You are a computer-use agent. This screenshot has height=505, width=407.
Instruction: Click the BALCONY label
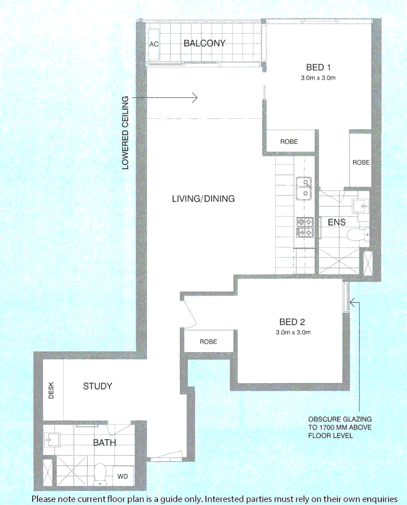(x=204, y=43)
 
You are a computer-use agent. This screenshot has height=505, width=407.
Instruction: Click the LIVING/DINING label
(x=203, y=199)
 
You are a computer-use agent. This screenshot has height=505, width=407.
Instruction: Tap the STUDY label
(x=98, y=386)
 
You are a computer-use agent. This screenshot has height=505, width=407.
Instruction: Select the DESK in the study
(x=51, y=391)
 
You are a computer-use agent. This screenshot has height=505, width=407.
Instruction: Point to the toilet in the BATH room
(x=100, y=474)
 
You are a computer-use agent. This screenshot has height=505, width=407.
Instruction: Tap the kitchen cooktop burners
(x=304, y=227)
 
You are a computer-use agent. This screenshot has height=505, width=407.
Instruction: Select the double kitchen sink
(x=304, y=188)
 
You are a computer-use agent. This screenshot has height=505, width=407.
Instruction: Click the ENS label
(x=336, y=223)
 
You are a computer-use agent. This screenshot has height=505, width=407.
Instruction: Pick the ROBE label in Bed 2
(x=208, y=342)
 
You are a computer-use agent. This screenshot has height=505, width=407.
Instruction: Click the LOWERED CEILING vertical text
(x=125, y=133)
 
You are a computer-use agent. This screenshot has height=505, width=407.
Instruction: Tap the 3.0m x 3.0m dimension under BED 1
(x=318, y=79)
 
